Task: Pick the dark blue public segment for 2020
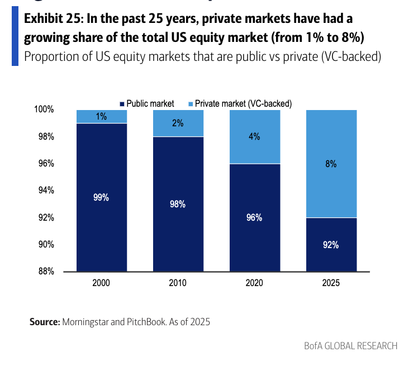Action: coord(254,235)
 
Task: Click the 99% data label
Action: coord(101,197)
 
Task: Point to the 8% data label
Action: coord(331,164)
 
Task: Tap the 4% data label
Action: coord(254,136)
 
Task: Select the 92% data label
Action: coord(331,245)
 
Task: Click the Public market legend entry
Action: coord(146,103)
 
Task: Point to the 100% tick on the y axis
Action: coord(44,110)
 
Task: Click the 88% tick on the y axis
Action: coord(45,272)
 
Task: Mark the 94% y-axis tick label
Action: coord(45,191)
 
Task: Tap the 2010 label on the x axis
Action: coord(178,283)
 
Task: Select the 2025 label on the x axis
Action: coord(331,283)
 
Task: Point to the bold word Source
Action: coord(45,322)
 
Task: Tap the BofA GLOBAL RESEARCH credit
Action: coord(351,346)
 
